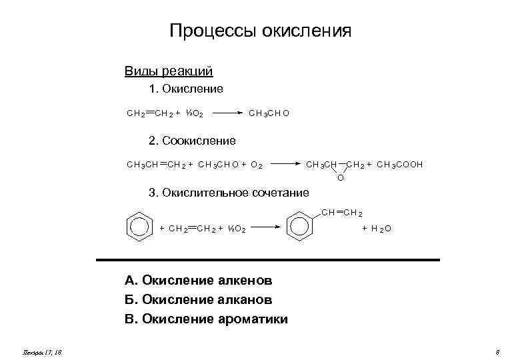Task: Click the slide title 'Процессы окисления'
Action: [260, 31]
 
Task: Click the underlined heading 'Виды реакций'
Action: [169, 71]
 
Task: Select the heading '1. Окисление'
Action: [186, 89]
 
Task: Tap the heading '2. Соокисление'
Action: [192, 141]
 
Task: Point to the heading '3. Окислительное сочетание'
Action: [229, 193]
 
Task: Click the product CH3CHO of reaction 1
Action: [269, 113]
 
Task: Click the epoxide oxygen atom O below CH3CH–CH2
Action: [341, 177]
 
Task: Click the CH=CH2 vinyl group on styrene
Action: [341, 213]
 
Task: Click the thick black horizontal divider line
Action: [268, 259]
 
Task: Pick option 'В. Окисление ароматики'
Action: [206, 319]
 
